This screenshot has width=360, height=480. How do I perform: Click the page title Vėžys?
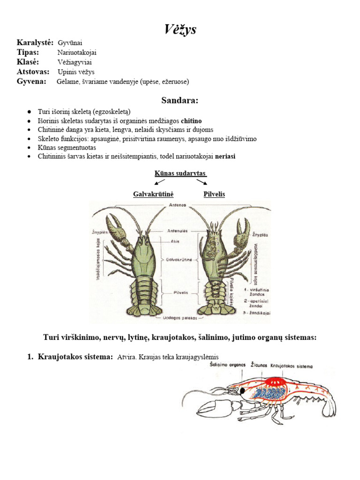coord(180,30)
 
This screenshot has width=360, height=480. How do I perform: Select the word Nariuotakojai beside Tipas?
coord(77,52)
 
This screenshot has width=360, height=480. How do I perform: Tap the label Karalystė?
coord(35,43)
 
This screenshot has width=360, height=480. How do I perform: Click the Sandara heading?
coord(180,100)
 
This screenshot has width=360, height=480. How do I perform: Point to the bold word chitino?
coord(191,121)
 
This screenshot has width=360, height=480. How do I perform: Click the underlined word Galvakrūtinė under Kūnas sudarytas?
coord(150,194)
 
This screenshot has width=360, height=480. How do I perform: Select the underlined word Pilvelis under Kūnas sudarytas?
coord(214,194)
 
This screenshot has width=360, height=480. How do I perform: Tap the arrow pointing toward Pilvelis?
coord(202,182)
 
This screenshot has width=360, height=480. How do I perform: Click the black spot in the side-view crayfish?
coord(242,390)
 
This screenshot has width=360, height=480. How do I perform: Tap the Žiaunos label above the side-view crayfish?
coord(259,365)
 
